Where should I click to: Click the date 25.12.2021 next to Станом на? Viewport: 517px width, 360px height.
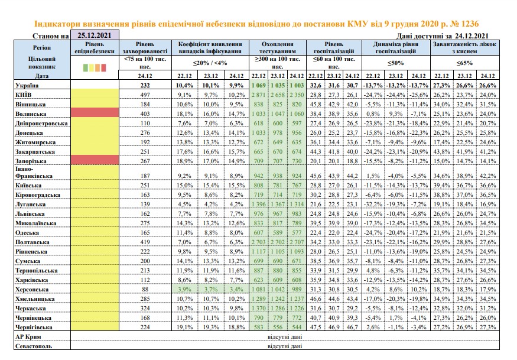point(95,35)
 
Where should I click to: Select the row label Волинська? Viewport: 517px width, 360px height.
point(31,114)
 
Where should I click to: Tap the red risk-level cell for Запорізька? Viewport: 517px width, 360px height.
point(95,160)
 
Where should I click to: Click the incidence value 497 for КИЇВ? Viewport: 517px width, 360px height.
point(145,95)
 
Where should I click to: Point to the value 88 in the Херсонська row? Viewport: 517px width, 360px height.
point(145,290)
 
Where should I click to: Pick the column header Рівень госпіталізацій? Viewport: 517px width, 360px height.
point(334,47)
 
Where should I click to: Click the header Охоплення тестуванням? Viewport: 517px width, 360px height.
point(277,47)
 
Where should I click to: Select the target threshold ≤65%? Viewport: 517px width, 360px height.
point(465,63)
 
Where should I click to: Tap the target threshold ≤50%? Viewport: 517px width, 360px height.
point(396,63)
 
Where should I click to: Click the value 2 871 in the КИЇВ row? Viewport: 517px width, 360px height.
point(259,95)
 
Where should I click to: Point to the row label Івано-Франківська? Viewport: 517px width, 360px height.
point(34,172)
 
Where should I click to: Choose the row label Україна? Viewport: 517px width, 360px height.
point(27,86)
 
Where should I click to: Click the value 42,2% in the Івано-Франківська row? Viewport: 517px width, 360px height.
point(487,176)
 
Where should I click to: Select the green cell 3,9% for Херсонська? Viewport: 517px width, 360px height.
point(184,290)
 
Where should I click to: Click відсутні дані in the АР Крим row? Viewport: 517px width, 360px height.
point(285,336)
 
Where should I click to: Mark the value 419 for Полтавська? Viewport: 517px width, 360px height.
point(145,242)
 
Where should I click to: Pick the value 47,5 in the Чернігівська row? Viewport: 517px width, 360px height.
point(316,327)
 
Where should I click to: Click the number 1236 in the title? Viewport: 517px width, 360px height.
point(470,24)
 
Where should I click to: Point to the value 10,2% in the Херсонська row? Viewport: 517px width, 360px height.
point(419,290)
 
